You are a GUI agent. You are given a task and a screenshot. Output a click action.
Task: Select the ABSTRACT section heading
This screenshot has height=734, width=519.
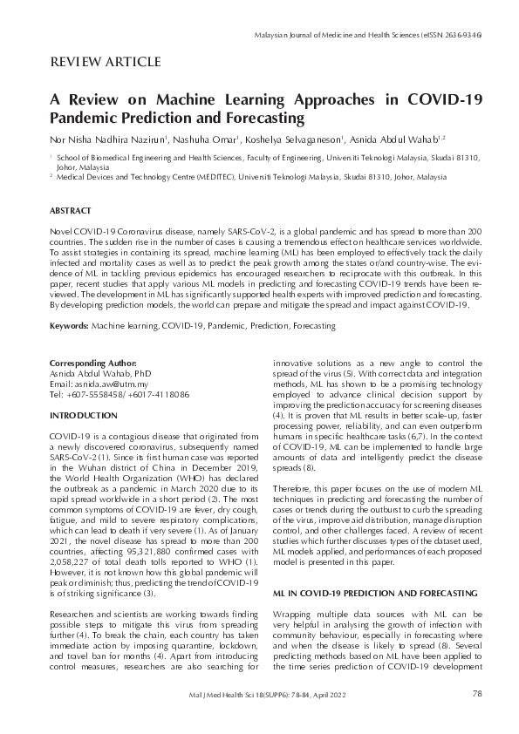click(x=71, y=211)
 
